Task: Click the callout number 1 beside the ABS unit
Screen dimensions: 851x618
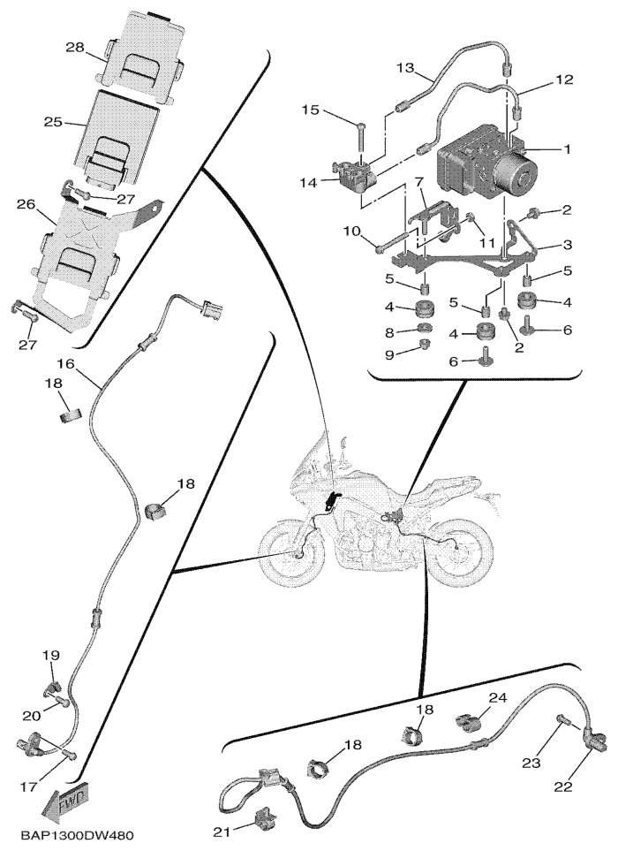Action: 568,149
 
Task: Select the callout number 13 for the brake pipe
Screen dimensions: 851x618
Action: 405,67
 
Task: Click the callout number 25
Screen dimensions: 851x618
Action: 51,123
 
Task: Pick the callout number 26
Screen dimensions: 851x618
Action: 24,205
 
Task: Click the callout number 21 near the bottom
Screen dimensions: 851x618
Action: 219,832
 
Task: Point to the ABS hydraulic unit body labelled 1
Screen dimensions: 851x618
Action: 472,168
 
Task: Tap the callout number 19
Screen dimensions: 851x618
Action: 52,655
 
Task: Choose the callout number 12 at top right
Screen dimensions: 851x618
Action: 565,80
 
